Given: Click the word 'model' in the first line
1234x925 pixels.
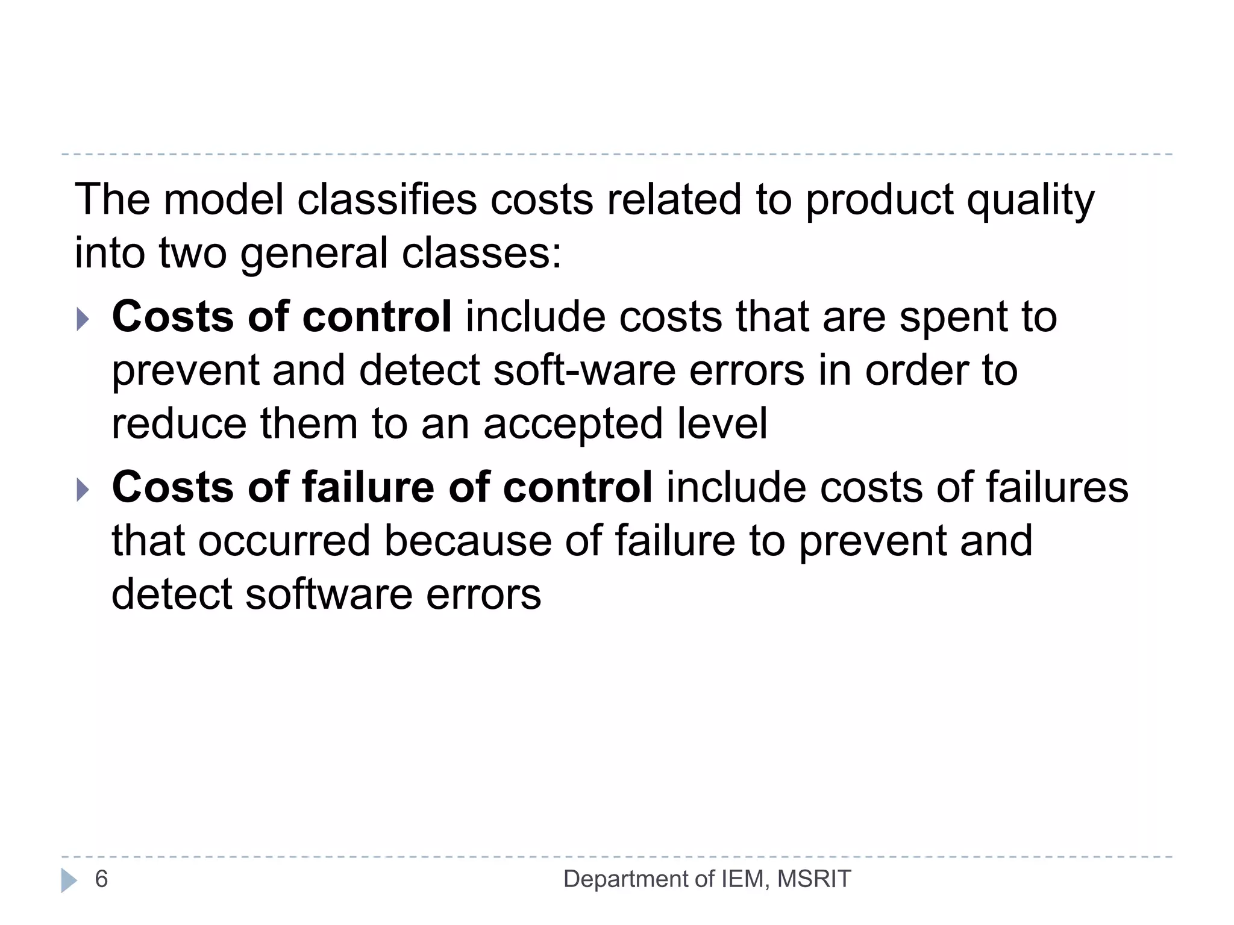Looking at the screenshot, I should pos(224,200).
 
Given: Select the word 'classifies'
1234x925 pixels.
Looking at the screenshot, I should pos(387,200).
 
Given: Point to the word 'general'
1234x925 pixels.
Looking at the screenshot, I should pos(314,254).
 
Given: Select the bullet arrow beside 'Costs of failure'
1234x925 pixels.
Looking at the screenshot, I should pos(83,489).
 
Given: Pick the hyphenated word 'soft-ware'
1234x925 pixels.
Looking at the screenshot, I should pos(584,370).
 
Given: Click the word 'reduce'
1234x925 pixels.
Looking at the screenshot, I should pos(179,423).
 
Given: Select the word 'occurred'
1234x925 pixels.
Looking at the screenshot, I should pos(284,541).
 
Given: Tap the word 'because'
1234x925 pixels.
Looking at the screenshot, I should pos(468,541).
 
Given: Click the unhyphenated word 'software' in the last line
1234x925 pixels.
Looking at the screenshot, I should pos(329,594).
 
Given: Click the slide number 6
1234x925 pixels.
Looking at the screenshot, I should pos(101,879).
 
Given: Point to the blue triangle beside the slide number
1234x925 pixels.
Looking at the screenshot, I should pos(69,880).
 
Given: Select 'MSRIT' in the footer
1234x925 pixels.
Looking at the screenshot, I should pos(814,879).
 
